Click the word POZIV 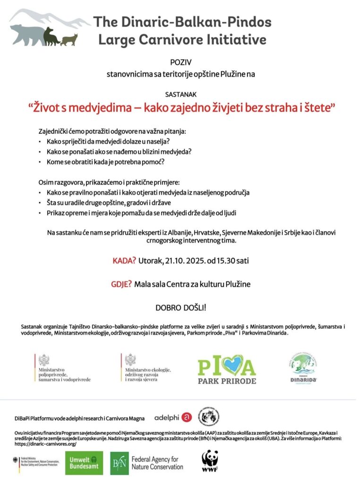180,61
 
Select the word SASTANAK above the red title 180,94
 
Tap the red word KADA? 124,260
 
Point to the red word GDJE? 120,284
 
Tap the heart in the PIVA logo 226,365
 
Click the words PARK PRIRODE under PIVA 227,380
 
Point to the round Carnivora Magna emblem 208,417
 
